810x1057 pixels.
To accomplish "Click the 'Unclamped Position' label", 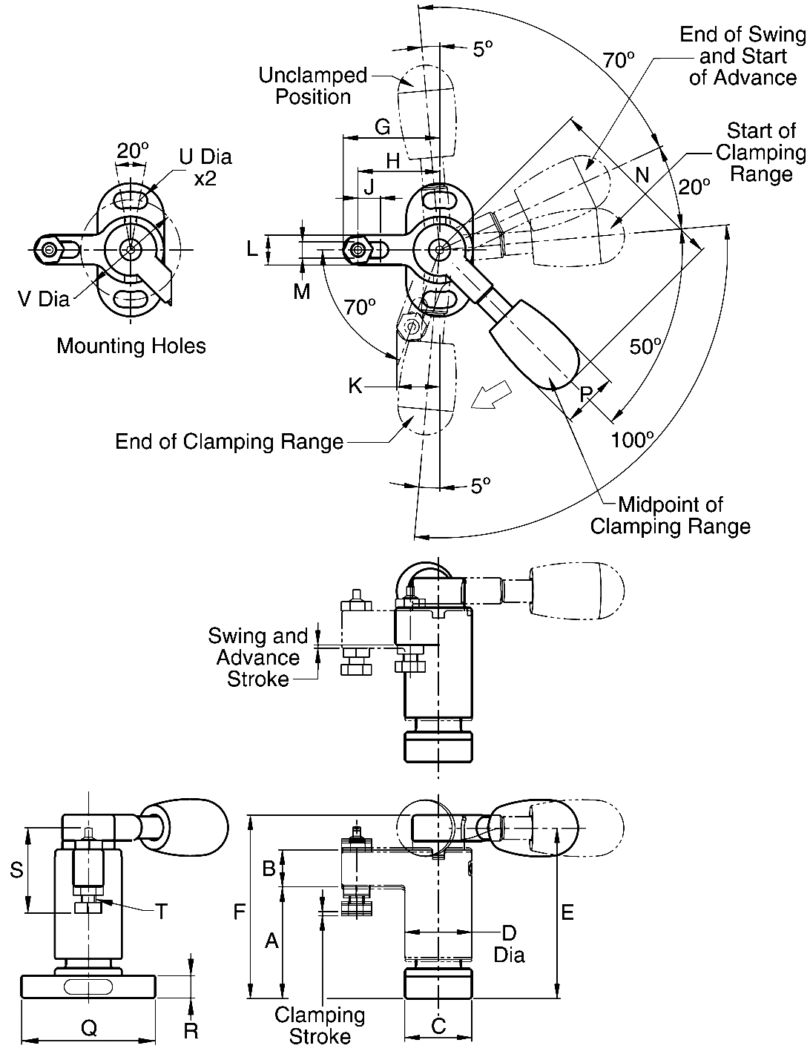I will tap(313, 86).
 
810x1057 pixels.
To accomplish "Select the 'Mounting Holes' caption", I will tap(131, 346).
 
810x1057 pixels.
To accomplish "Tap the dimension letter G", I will tap(382, 127).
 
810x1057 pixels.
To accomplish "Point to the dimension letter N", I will tap(642, 174).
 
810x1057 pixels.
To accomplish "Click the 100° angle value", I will tap(632, 440).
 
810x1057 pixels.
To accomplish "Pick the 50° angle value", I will tap(645, 346).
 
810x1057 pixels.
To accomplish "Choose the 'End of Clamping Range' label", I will tap(229, 442).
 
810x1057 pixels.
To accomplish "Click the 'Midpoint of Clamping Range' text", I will tap(670, 516).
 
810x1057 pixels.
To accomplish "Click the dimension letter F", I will tap(239, 911).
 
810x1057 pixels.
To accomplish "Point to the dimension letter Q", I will tap(88, 1027).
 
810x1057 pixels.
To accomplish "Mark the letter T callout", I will tap(161, 911).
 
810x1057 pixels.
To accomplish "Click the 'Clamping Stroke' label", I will tap(320, 1025).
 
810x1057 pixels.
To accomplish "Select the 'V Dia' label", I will tap(44, 299).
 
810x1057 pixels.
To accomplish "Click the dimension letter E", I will tap(567, 912).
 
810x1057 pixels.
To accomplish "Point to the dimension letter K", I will tap(355, 386).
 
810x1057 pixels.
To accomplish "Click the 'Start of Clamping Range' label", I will tap(760, 152).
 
